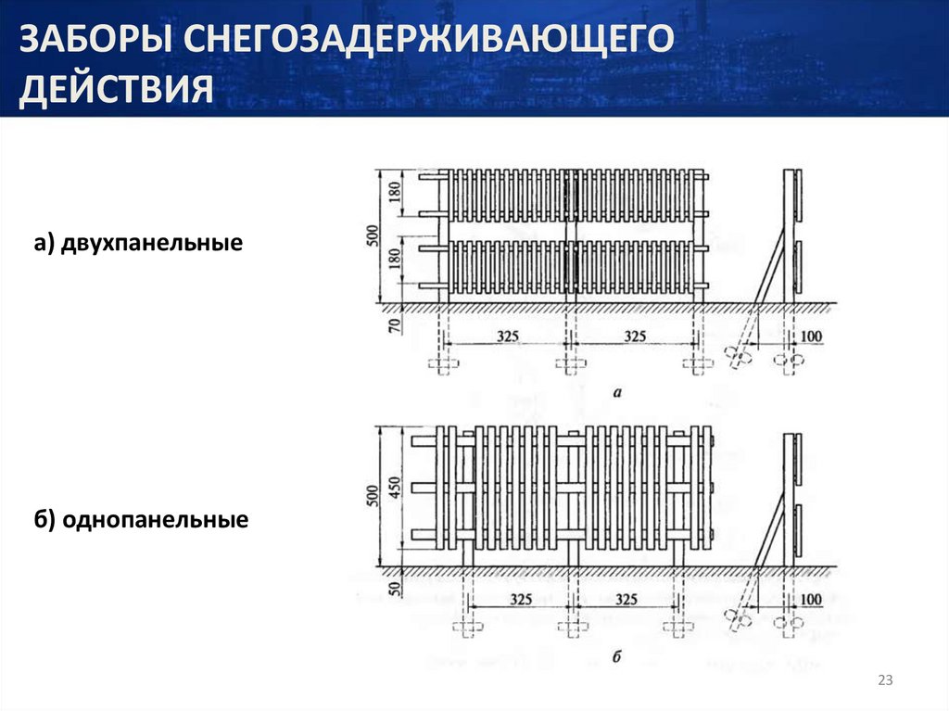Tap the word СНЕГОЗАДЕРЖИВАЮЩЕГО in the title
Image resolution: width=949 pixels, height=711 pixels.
pyautogui.click(x=429, y=40)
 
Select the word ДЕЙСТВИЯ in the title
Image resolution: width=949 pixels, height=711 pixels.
pyautogui.click(x=116, y=88)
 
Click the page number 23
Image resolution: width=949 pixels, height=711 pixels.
pyautogui.click(x=885, y=680)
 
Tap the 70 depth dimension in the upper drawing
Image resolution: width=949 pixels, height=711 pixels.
pyautogui.click(x=395, y=325)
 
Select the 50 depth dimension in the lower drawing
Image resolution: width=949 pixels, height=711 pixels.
pyautogui.click(x=395, y=588)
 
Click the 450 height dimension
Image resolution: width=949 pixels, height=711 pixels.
pyautogui.click(x=395, y=489)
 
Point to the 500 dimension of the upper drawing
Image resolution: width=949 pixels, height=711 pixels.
pyautogui.click(x=373, y=235)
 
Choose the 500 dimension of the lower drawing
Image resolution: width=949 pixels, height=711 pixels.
pyautogui.click(x=373, y=496)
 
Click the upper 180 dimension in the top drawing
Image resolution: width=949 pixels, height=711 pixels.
pyautogui.click(x=395, y=192)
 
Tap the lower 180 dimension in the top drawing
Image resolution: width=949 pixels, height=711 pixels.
pyautogui.click(x=395, y=259)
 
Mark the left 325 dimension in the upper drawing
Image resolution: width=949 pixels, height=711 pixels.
pyautogui.click(x=508, y=336)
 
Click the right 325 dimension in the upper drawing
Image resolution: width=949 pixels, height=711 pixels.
pyautogui.click(x=635, y=336)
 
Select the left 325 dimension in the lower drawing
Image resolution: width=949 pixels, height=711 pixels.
pyautogui.click(x=521, y=599)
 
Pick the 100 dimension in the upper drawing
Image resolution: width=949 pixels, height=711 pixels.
pyautogui.click(x=811, y=336)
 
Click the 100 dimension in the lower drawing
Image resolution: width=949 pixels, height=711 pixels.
pyautogui.click(x=811, y=599)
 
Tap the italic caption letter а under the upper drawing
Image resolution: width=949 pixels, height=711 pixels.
pyautogui.click(x=617, y=393)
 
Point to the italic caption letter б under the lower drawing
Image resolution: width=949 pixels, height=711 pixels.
pyautogui.click(x=616, y=656)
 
